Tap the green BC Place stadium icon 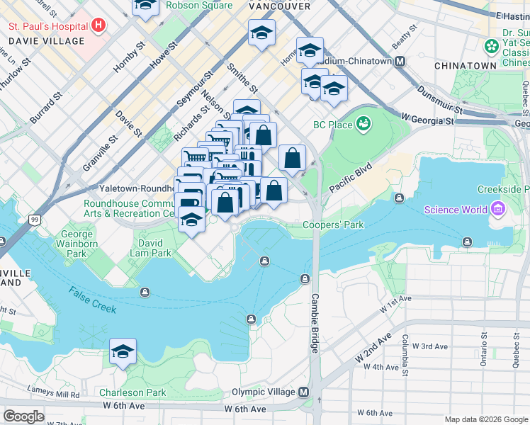point(363,124)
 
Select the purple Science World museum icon point(497,209)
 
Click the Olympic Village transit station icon point(304,392)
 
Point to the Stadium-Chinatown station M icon point(400,61)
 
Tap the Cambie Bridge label point(315,324)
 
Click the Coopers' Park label point(333,225)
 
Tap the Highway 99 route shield point(34,221)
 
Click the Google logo point(23,416)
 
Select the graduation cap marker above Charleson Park point(123,351)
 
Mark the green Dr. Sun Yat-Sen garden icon point(491,46)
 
